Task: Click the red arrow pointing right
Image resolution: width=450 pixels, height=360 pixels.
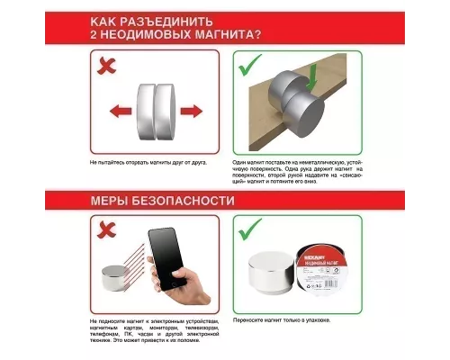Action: pos(190,112)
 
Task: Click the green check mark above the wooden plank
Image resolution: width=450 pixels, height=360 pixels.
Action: pos(249,66)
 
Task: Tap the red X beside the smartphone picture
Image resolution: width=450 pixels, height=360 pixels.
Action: pos(106,231)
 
